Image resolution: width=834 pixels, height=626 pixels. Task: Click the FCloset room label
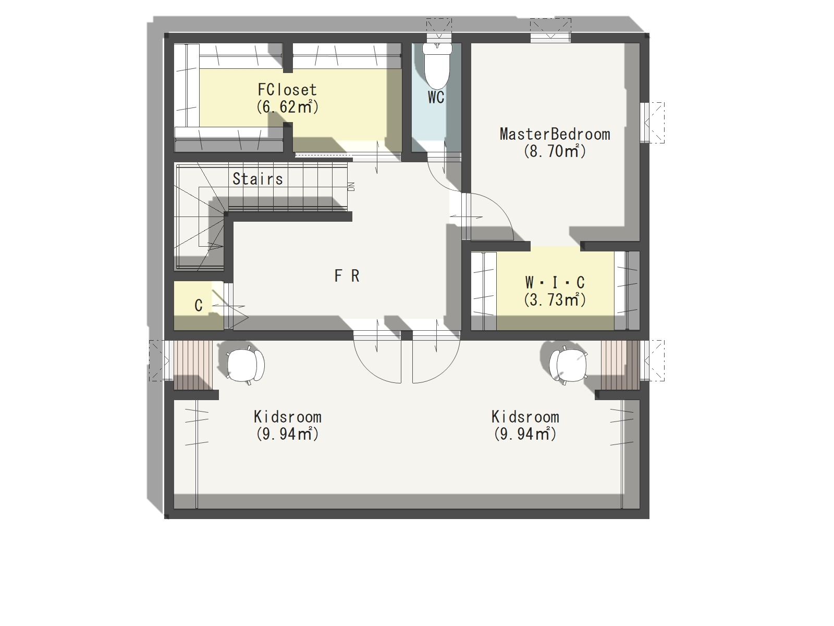(287, 90)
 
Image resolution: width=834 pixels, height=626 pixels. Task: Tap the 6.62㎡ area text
(287, 107)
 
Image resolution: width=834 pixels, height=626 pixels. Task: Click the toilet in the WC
(437, 65)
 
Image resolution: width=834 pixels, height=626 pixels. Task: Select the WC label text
(436, 98)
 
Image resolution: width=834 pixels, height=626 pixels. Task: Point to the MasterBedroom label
(555, 134)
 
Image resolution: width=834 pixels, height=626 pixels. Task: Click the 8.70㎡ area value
(555, 151)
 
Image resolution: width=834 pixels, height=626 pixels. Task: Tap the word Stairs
(257, 178)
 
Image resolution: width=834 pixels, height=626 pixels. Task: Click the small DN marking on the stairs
(351, 187)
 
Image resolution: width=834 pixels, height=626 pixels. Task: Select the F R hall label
(347, 276)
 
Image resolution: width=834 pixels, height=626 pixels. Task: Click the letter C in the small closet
(199, 306)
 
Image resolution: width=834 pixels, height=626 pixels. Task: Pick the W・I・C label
(555, 282)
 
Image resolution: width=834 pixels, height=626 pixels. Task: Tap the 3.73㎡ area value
(555, 300)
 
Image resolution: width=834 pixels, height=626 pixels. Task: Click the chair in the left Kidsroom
(245, 365)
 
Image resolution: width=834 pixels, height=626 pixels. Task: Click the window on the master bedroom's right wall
(652, 123)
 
